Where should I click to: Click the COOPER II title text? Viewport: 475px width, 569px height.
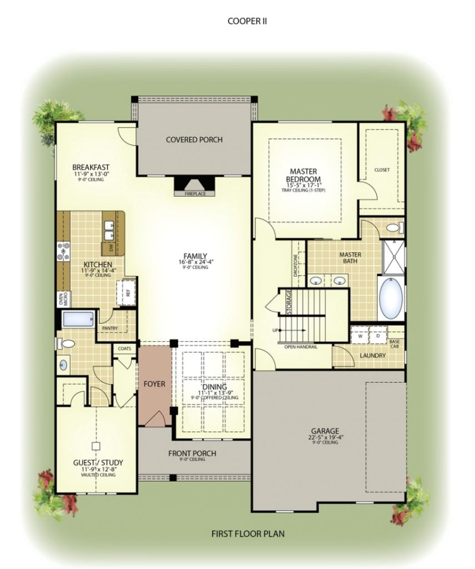click(x=248, y=21)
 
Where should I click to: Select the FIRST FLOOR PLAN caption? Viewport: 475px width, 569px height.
click(x=248, y=534)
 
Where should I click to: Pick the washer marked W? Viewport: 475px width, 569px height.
click(x=359, y=336)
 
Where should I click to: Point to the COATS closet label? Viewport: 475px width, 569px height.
click(x=123, y=348)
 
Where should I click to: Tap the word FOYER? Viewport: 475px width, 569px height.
click(x=155, y=384)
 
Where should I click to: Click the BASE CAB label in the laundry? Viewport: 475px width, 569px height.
click(x=394, y=344)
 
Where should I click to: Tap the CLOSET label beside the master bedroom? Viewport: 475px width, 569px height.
click(x=382, y=169)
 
